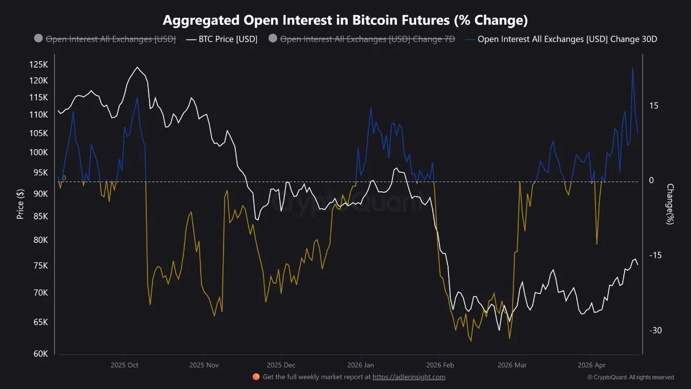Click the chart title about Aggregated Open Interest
[x=345, y=21]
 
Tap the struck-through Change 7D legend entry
[x=367, y=39]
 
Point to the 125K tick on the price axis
[x=39, y=65]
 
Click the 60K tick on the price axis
[x=40, y=354]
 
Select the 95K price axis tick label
[x=40, y=173]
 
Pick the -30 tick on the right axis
[x=654, y=330]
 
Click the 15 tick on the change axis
[x=654, y=106]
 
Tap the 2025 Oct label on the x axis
[x=125, y=365]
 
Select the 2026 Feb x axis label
[x=441, y=365]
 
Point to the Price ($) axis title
[x=21, y=204]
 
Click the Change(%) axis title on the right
[x=670, y=204]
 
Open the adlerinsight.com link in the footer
[x=409, y=377]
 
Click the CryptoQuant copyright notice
[x=630, y=377]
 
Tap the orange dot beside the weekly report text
[x=256, y=377]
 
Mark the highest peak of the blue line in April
[x=633, y=68]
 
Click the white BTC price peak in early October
[x=137, y=68]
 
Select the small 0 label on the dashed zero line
[x=64, y=178]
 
